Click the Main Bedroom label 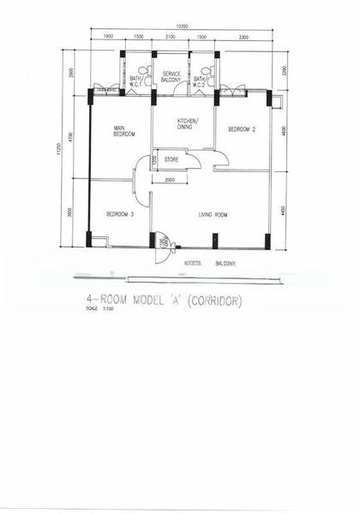[125, 131]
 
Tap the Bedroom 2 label [242, 128]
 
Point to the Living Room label [217, 214]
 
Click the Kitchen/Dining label [188, 124]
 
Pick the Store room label [171, 158]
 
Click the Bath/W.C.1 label [135, 81]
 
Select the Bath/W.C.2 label [199, 81]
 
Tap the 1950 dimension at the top [109, 38]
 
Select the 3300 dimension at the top [243, 38]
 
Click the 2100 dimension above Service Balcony [170, 38]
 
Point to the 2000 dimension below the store [170, 180]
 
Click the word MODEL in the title [141, 301]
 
